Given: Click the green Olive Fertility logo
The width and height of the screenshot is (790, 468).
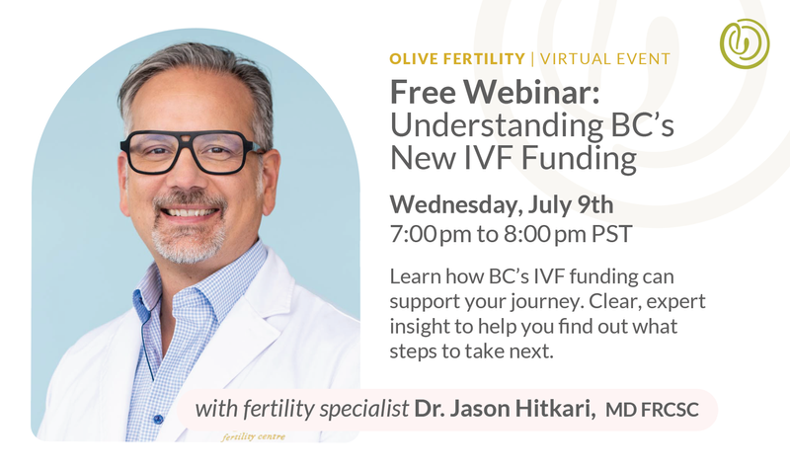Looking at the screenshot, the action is pyautogui.click(x=745, y=43).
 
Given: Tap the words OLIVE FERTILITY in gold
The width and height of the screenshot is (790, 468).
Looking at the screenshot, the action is pyautogui.click(x=457, y=59).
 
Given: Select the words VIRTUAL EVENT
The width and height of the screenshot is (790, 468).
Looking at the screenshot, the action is pyautogui.click(x=605, y=59).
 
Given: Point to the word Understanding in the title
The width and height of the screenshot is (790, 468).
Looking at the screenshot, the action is pyautogui.click(x=497, y=126).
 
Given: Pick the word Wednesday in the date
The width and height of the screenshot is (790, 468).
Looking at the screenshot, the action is pyautogui.click(x=456, y=205).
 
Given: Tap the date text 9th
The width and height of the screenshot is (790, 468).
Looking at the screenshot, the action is pyautogui.click(x=595, y=204).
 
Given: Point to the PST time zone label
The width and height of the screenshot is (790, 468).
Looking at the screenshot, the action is pyautogui.click(x=612, y=234).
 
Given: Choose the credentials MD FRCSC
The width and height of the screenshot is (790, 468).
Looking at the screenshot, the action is pyautogui.click(x=652, y=410).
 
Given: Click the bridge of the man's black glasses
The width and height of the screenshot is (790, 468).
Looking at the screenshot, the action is pyautogui.click(x=188, y=138).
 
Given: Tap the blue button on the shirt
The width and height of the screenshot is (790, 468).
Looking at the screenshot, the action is pyautogui.click(x=158, y=419).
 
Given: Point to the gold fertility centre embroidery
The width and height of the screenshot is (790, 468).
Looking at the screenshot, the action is pyautogui.click(x=254, y=436).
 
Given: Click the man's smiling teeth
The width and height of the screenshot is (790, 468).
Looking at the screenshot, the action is pyautogui.click(x=190, y=212).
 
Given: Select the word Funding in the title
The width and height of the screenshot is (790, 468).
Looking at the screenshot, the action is pyautogui.click(x=579, y=158).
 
